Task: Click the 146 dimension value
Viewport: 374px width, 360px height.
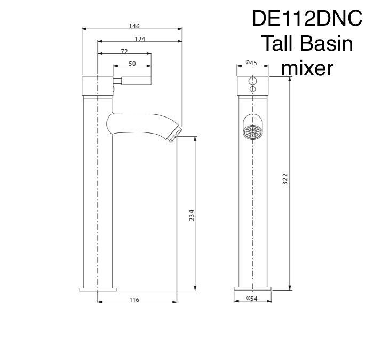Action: [134, 26]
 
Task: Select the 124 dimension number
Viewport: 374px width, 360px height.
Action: [140, 38]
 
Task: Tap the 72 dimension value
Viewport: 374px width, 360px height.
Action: [124, 51]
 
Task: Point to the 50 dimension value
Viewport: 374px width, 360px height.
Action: [132, 63]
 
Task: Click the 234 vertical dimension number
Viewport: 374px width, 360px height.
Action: [192, 215]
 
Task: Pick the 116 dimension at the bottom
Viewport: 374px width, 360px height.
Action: [134, 299]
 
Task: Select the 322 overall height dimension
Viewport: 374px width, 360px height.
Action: [285, 179]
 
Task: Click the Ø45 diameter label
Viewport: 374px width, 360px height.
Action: [251, 62]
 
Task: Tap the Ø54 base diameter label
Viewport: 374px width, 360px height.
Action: [252, 298]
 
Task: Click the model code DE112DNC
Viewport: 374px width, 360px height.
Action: [307, 19]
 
